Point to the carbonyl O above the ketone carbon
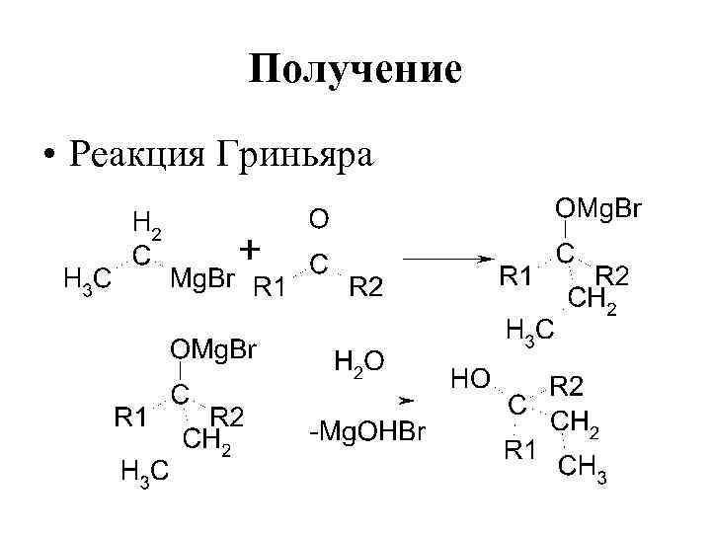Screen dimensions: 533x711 (x=320, y=217)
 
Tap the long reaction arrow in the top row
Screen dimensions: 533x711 (x=450, y=260)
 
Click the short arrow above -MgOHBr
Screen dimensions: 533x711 (x=405, y=401)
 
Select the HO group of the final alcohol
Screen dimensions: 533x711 (x=470, y=378)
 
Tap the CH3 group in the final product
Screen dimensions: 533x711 (x=583, y=469)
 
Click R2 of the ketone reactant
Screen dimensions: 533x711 (x=370, y=287)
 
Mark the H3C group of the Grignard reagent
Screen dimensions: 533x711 (x=87, y=280)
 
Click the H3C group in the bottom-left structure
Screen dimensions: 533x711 (x=144, y=473)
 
